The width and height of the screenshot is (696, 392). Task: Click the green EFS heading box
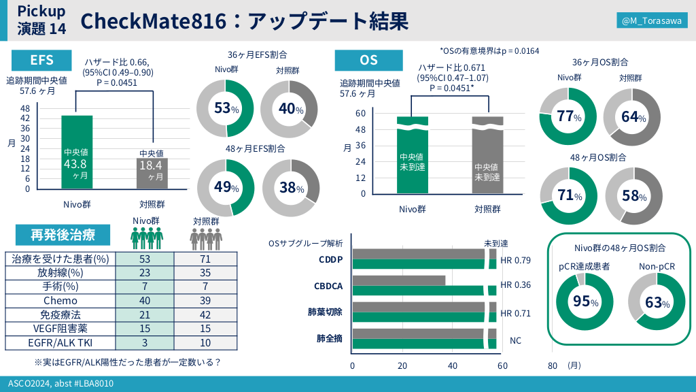41,59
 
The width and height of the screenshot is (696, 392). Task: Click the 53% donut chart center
225,109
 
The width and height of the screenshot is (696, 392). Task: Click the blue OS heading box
368,60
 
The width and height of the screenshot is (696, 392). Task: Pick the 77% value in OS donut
568,116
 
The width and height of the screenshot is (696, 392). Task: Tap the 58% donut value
633,196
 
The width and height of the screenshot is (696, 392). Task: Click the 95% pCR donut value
585,301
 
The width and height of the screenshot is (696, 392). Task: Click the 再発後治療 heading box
63,235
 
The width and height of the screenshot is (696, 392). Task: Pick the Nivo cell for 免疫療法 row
145,314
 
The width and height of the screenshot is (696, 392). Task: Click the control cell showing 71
206,259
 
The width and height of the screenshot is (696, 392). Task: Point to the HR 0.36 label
515,286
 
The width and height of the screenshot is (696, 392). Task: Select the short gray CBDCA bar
399,280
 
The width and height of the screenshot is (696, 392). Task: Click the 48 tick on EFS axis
25,109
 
